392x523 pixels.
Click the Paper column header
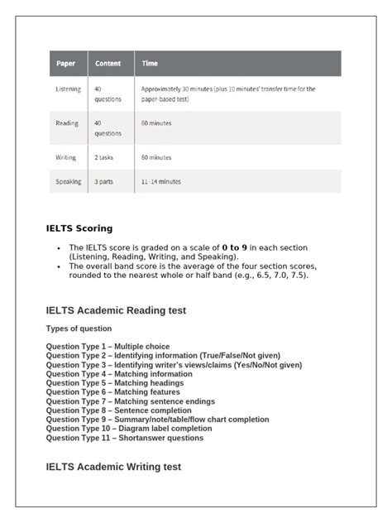[65, 64]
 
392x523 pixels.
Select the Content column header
[108, 64]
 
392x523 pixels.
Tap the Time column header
[150, 64]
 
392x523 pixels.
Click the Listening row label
[68, 89]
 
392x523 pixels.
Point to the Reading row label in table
[67, 123]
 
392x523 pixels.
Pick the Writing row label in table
[66, 157]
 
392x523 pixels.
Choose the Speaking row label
[68, 181]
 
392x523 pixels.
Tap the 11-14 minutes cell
[161, 181]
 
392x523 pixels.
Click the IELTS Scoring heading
[79, 228]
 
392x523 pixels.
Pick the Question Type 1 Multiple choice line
[108, 347]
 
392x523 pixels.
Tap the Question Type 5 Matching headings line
[114, 383]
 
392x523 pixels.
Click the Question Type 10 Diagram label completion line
[129, 429]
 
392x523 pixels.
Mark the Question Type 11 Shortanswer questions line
[124, 438]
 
